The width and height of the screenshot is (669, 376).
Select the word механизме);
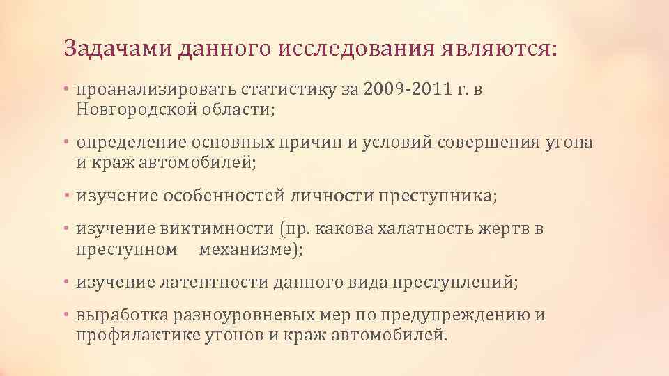(251, 249)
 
